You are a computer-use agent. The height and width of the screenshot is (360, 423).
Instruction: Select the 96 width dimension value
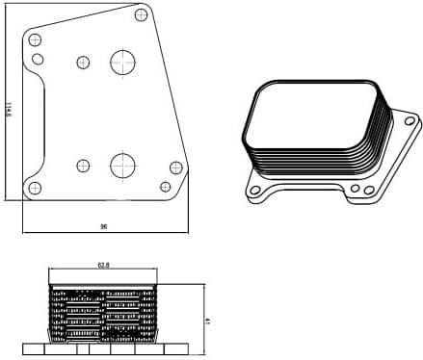pyautogui.click(x=103, y=226)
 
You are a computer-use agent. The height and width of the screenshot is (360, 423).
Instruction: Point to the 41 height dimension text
pyautogui.click(x=208, y=321)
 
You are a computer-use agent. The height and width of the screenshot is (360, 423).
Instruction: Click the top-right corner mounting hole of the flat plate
pyautogui.click(x=143, y=14)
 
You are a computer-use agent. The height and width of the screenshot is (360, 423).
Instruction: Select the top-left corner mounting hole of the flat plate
pyautogui.click(x=36, y=40)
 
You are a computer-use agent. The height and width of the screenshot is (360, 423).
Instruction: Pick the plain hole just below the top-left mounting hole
pyautogui.click(x=38, y=59)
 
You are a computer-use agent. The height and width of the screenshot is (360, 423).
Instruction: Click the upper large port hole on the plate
pyautogui.click(x=123, y=64)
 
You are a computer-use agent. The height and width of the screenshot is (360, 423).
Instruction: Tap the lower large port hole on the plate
pyautogui.click(x=123, y=165)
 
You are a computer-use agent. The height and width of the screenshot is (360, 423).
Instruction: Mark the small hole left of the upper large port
pyautogui.click(x=83, y=63)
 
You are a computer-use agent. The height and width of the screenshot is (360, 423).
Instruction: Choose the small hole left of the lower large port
pyautogui.click(x=84, y=165)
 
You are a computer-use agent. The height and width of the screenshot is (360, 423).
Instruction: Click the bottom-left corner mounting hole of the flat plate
pyautogui.click(x=36, y=187)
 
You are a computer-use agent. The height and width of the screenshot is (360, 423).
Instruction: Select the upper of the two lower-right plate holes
pyautogui.click(x=175, y=167)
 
